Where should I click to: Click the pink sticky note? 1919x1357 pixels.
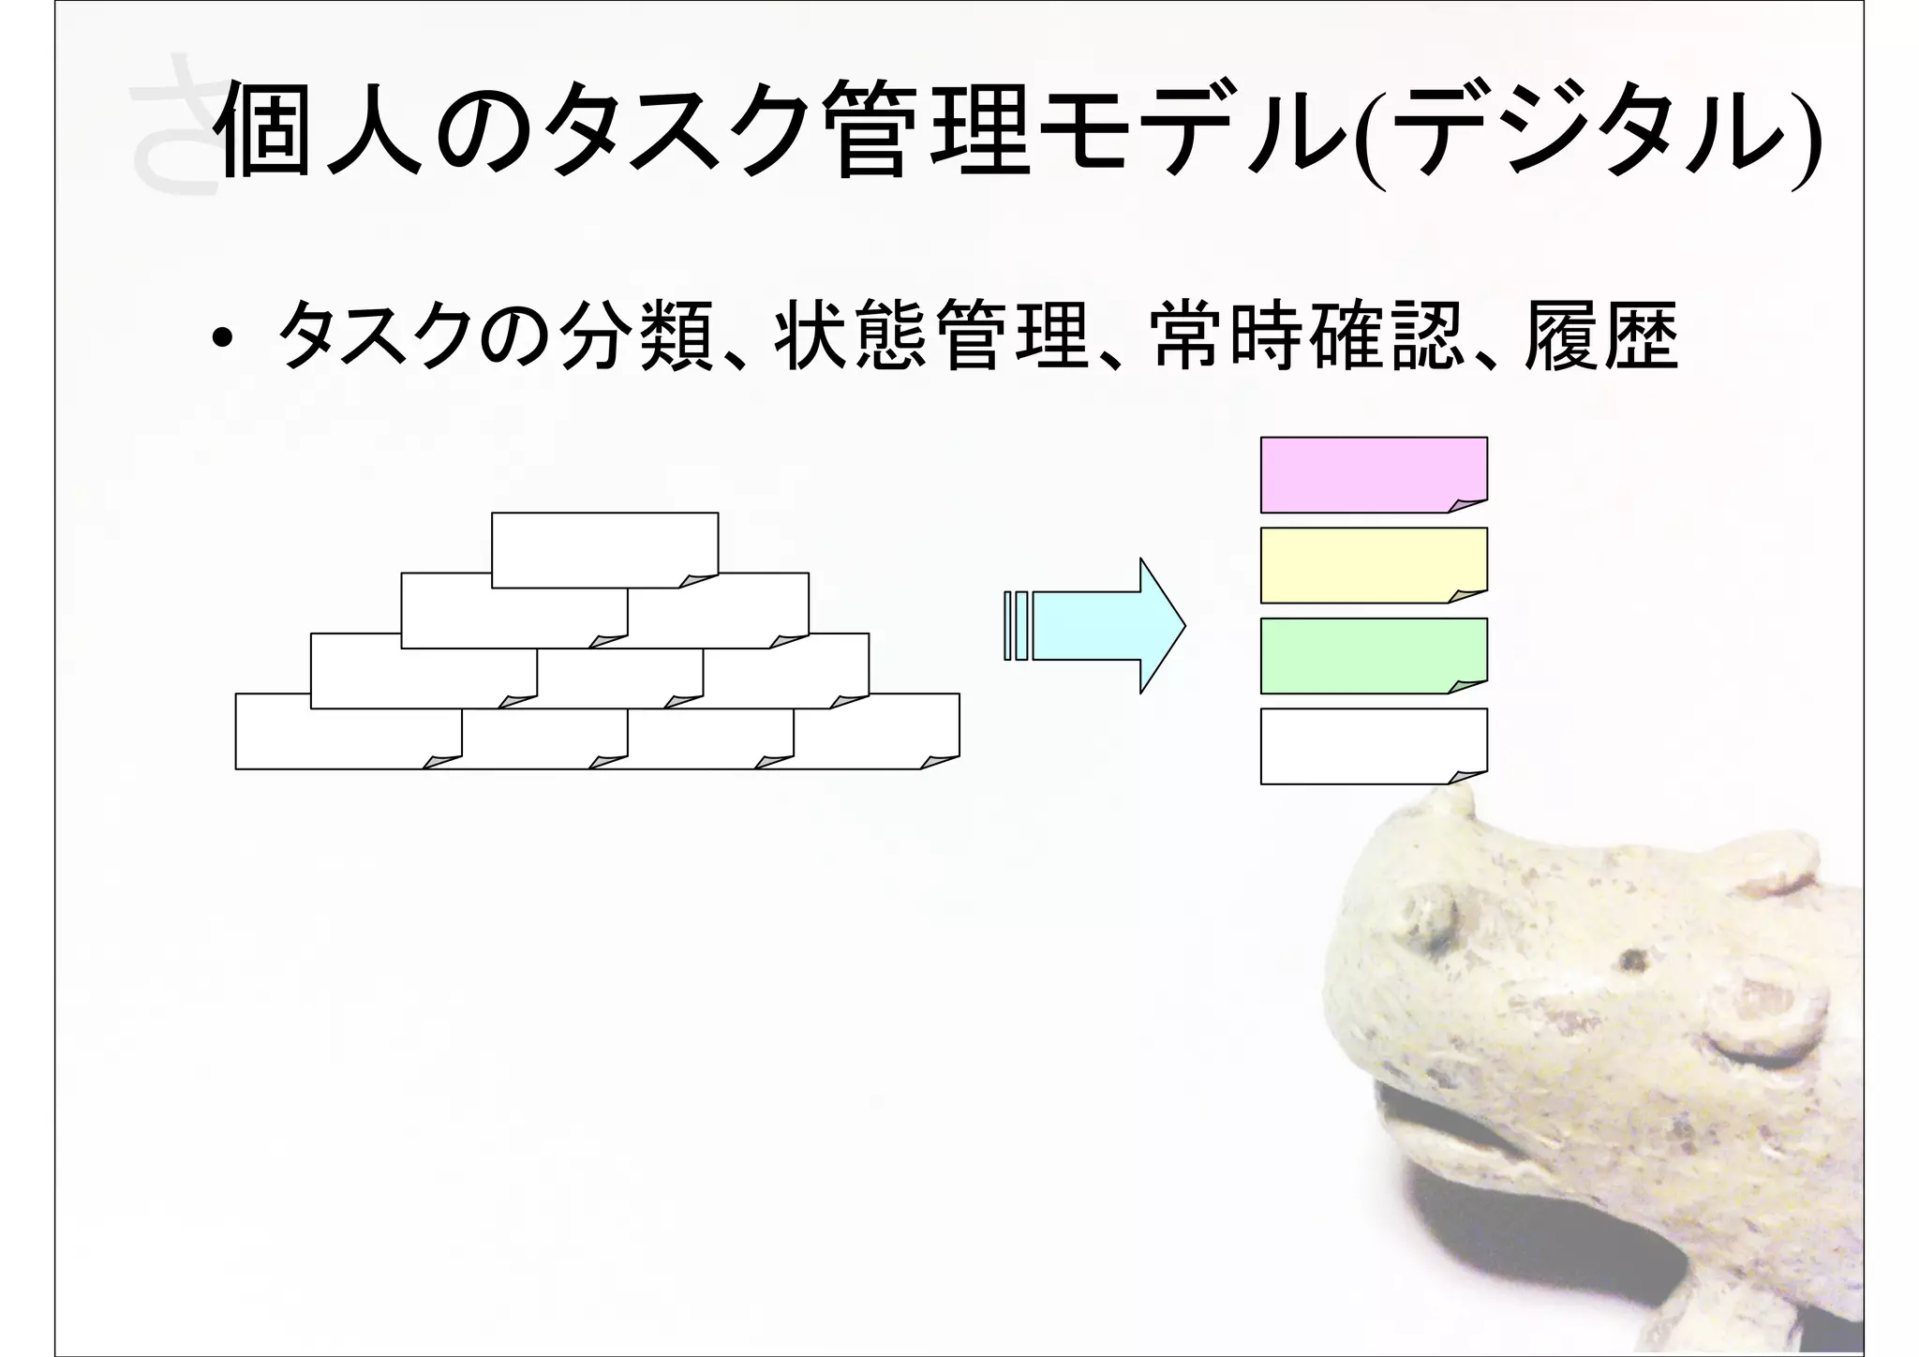point(1373,474)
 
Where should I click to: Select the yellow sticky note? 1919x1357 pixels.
point(1373,565)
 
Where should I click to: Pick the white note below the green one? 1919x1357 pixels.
point(1373,746)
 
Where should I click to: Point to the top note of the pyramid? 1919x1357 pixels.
point(604,549)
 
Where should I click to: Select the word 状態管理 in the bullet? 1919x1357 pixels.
point(932,336)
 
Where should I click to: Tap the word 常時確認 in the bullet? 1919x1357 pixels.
point(1307,336)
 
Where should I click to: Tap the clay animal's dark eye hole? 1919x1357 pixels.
point(1633,959)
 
